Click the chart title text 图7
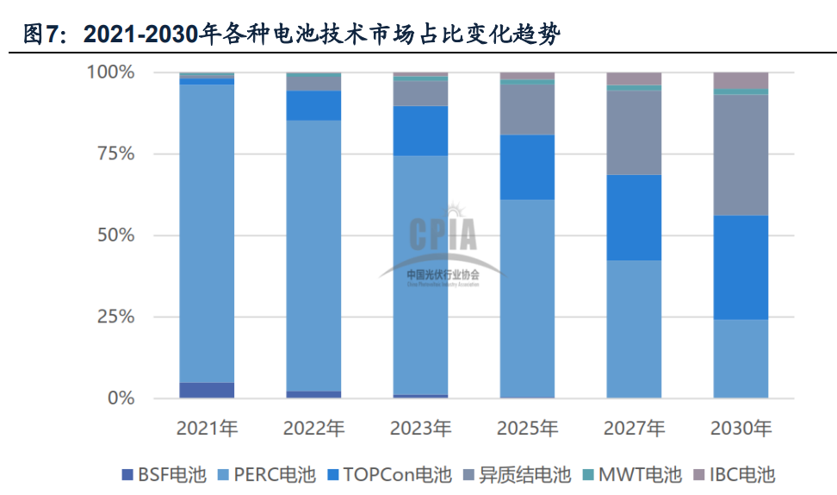(x=43, y=34)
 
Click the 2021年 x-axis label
(x=207, y=429)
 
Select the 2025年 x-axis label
(x=528, y=429)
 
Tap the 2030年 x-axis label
(x=741, y=429)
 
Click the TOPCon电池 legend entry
(x=388, y=474)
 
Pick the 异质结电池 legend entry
(x=518, y=474)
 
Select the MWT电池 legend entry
(x=632, y=474)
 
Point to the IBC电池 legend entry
(x=735, y=474)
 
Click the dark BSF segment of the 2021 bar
(x=207, y=391)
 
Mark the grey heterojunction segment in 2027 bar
(x=634, y=133)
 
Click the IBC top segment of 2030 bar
(x=741, y=80)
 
